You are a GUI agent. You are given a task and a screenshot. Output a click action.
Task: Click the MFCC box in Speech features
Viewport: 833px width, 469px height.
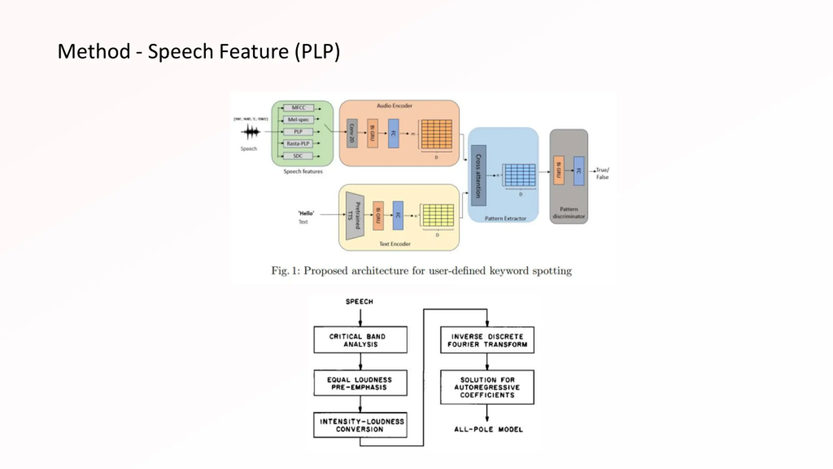click(298, 108)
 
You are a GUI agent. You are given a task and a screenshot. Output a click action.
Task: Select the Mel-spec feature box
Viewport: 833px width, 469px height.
click(298, 120)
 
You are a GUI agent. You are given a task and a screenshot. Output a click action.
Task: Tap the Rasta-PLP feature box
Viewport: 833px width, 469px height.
click(298, 144)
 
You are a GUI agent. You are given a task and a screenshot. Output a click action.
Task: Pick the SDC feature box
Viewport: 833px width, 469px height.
click(298, 156)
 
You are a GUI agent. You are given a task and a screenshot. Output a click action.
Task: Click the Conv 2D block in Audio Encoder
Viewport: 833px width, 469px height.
click(352, 133)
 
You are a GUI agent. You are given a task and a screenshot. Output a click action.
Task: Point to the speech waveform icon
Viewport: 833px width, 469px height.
click(250, 132)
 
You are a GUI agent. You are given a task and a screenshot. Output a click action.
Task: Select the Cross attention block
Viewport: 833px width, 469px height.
click(478, 176)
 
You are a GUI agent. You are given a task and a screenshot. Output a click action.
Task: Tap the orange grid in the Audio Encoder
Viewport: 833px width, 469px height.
click(436, 134)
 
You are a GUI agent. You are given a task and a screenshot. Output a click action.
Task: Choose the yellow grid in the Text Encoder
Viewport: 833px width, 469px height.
click(438, 215)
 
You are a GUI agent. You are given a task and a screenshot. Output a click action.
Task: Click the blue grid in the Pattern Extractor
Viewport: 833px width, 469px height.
click(520, 175)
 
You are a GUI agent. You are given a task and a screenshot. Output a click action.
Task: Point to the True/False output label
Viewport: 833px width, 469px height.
click(602, 174)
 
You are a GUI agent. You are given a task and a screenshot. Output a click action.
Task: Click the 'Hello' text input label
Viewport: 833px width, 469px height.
click(306, 213)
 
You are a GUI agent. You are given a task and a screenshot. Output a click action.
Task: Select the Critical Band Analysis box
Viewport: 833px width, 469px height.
click(360, 340)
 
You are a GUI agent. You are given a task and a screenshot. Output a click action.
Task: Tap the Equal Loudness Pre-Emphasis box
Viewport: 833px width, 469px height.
click(360, 383)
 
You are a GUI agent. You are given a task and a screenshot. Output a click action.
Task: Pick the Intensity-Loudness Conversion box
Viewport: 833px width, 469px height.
click(360, 425)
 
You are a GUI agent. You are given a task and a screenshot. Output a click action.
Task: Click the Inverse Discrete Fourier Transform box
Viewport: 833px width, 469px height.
click(487, 340)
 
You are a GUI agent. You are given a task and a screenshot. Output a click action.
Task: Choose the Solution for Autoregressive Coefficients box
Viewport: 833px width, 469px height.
click(487, 387)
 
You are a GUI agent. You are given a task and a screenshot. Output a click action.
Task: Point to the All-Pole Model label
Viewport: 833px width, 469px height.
click(488, 430)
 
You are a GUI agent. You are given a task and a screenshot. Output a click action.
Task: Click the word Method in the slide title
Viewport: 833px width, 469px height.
click(94, 51)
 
